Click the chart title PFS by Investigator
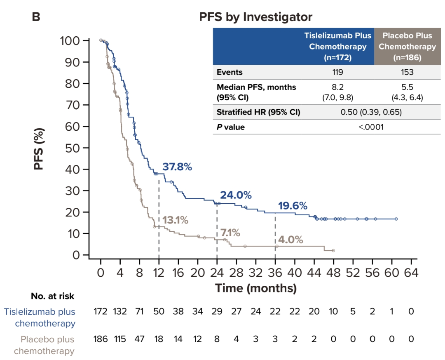pos(255,17)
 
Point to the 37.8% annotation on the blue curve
pos(177,167)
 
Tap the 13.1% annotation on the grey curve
pos(175,220)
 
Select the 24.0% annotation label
pos(236,195)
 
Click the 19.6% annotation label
pos(292,206)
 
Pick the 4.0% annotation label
pos(290,240)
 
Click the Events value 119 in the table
pos(337,72)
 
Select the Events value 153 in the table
pos(407,72)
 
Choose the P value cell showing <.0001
pos(371,127)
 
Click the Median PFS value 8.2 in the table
pos(337,87)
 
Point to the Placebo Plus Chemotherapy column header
pos(407,47)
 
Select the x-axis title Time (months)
pos(255,288)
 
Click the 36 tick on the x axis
pos(275,273)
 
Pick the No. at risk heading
pos(52,296)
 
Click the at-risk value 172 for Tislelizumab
pos(101,311)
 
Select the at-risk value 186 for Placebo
pos(101,339)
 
